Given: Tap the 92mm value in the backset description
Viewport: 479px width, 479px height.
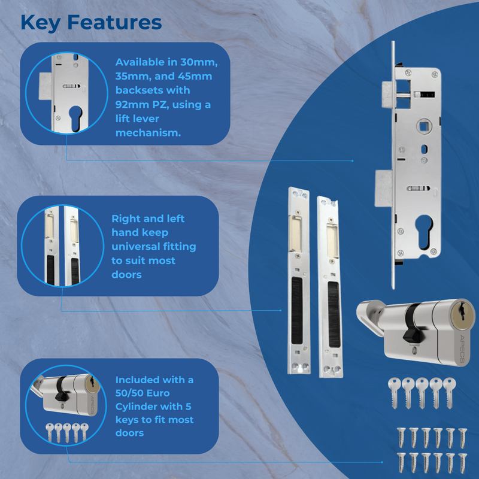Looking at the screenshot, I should (x=133, y=105).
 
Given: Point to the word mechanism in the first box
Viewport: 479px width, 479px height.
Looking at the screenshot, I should (x=147, y=132).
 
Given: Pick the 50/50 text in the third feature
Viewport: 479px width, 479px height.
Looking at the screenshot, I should (x=132, y=393).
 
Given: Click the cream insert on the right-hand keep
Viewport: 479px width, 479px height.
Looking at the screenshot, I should (x=331, y=233).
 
